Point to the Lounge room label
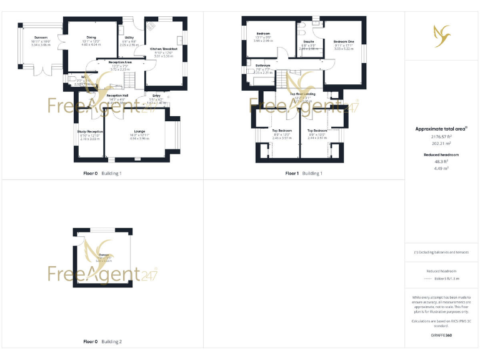point(139,131)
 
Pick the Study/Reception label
point(90,131)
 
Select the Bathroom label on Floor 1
point(262,65)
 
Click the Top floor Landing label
point(302,94)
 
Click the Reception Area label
point(119,62)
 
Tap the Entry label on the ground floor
point(156,96)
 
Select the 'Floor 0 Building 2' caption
point(102,342)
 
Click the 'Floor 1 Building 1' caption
point(304,173)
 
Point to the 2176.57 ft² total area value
point(441,136)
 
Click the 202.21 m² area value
point(441,143)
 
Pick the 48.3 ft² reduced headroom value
point(441,161)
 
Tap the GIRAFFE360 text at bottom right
point(441,336)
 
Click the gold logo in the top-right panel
point(441,35)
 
